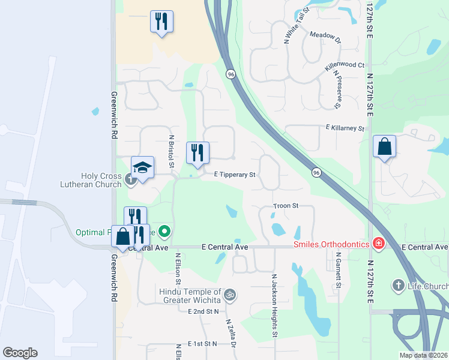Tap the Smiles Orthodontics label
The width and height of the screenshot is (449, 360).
tap(331, 244)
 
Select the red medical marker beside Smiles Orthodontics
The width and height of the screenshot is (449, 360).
tap(378, 244)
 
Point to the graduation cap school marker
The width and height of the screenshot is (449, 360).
tap(143, 167)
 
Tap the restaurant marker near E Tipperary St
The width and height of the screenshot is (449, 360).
tap(197, 153)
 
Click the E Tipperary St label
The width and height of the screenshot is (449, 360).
tap(235, 175)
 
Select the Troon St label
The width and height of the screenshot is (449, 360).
tap(286, 206)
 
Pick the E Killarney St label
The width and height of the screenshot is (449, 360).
tap(345, 128)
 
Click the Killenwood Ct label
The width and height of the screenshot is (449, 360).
tap(345, 65)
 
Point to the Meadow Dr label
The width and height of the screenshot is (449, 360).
tap(325, 36)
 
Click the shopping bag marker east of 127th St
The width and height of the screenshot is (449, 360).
tap(384, 147)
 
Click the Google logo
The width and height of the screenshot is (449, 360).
tap(20, 353)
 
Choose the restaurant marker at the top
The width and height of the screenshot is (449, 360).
tap(161, 22)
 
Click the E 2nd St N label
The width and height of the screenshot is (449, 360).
tap(203, 312)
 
